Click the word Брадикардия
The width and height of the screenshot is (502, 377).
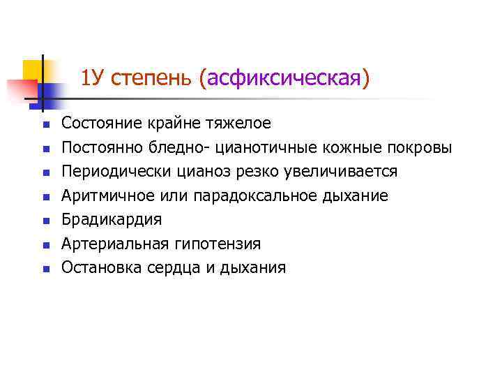[x=112, y=220]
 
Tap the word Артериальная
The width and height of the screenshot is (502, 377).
[x=114, y=244]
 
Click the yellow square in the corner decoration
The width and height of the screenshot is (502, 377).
[x=32, y=70]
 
